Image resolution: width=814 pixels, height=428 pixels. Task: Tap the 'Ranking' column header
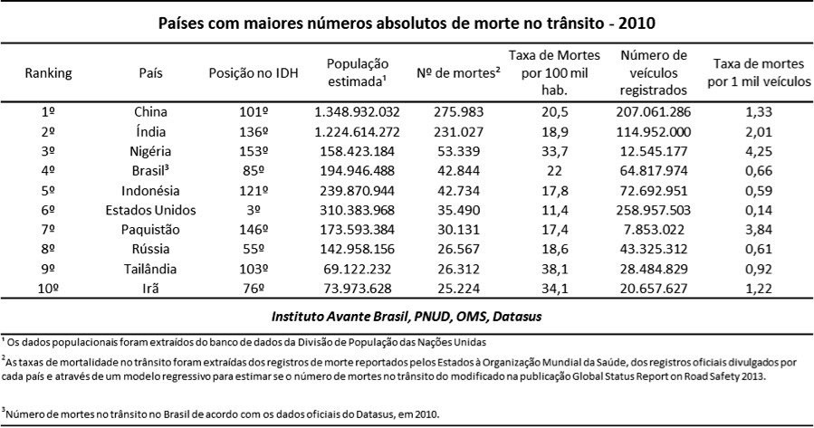tap(49, 72)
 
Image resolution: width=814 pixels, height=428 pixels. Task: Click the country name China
tap(150, 111)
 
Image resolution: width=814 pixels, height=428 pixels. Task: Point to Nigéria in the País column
tap(150, 151)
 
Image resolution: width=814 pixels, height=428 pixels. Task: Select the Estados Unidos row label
tap(150, 210)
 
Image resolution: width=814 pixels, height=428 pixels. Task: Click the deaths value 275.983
tap(457, 111)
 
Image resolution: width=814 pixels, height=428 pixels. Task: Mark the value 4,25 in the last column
tap(761, 151)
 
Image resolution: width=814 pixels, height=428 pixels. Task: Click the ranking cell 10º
tap(49, 289)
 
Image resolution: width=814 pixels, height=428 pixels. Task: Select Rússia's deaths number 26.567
tap(457, 250)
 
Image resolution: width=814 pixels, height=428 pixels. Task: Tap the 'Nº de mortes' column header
tap(457, 72)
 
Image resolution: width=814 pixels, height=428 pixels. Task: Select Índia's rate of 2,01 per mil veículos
tap(761, 131)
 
